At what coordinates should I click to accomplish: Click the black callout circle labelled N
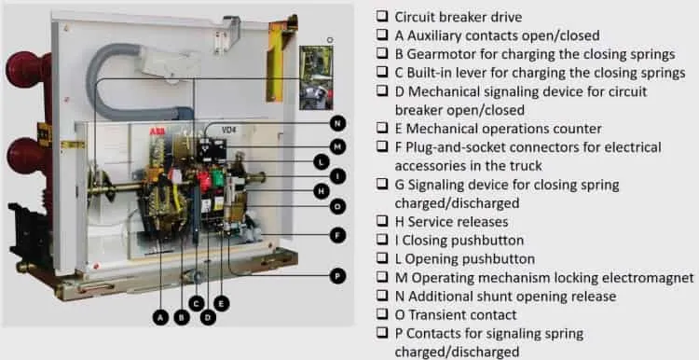tap(338, 123)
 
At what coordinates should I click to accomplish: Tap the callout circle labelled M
tap(338, 146)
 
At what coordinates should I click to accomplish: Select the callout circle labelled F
tap(338, 235)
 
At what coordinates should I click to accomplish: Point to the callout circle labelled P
tap(337, 276)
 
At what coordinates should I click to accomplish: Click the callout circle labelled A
tap(160, 318)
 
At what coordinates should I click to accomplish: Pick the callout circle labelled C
tap(196, 304)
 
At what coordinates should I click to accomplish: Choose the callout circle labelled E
tap(221, 304)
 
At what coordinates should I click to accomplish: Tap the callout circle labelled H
tap(321, 192)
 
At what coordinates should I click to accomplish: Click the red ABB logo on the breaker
tap(155, 132)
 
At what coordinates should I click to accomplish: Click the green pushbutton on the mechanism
tap(218, 178)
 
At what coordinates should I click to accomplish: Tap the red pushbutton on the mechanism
tap(204, 181)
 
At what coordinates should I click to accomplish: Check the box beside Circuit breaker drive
tap(381, 16)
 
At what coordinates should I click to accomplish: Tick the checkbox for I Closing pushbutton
tap(381, 240)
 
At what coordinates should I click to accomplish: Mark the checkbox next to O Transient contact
tap(381, 314)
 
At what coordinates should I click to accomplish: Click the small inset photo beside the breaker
tap(316, 77)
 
